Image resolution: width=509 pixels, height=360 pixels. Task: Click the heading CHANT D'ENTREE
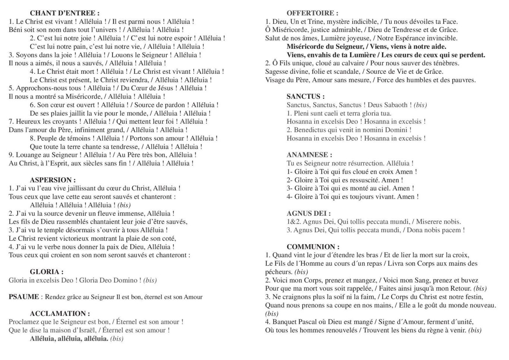click(x=64, y=13)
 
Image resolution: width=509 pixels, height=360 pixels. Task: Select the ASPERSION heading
click(x=53, y=180)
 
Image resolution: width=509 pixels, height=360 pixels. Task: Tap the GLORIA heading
click(x=46, y=272)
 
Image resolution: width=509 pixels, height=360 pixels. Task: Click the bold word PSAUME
click(x=23, y=297)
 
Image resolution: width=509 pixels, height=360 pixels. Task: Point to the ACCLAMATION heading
click(x=60, y=313)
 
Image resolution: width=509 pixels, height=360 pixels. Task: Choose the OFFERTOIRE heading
click(x=312, y=13)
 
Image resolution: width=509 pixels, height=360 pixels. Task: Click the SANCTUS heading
click(x=306, y=97)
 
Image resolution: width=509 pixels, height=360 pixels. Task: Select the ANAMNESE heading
click(x=309, y=155)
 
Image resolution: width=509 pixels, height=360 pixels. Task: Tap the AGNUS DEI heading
click(x=309, y=213)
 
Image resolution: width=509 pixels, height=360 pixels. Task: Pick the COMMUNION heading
click(x=313, y=247)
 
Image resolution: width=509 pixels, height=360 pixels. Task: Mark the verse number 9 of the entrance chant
click(x=11, y=155)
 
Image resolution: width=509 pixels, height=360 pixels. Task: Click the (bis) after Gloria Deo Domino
click(x=150, y=280)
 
